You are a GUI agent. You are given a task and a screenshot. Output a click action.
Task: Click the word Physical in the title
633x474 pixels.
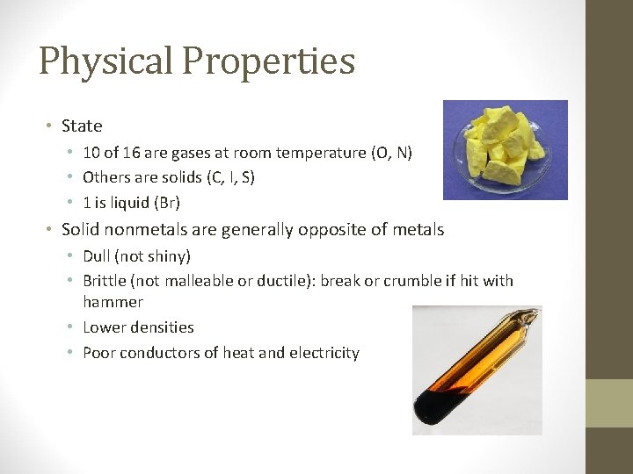[x=105, y=61]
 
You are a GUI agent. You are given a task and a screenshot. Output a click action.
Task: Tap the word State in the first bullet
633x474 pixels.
[x=82, y=126]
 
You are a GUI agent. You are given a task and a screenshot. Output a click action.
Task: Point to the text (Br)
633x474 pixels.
[x=166, y=203]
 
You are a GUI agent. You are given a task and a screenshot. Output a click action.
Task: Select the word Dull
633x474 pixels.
[x=98, y=256]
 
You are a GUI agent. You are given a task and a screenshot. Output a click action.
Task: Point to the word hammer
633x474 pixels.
[x=113, y=302]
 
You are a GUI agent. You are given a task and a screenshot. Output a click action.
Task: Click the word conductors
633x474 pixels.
[x=155, y=353]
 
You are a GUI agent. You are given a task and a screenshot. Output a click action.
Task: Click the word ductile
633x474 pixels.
[x=286, y=282]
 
